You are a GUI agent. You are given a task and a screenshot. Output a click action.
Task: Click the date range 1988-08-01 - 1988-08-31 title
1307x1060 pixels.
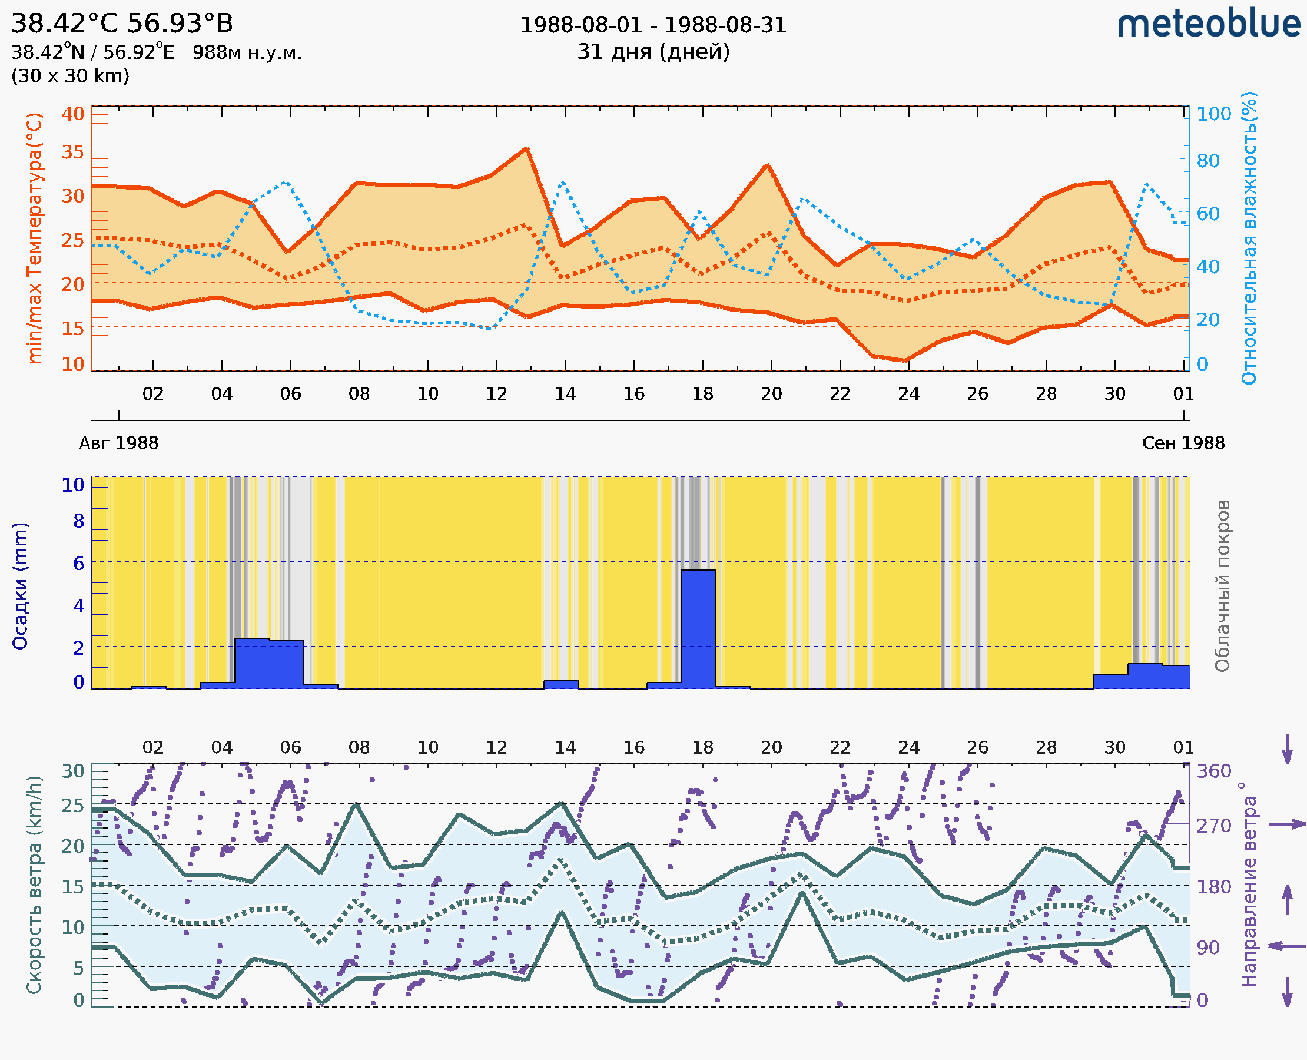point(653,25)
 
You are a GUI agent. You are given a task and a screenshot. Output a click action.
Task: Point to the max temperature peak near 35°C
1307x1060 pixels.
point(526,148)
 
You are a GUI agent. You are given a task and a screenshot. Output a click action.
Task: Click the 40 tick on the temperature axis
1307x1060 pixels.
point(72,114)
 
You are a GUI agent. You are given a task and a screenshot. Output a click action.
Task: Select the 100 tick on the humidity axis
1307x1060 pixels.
point(1213,114)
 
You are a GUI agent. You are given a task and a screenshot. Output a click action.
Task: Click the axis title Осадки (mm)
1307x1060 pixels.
point(20,586)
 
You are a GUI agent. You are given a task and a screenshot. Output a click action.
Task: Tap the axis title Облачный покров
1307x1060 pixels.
point(1222,586)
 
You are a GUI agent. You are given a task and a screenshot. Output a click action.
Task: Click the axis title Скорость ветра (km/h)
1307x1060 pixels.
point(34,885)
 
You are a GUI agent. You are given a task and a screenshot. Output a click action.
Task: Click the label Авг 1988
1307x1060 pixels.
point(118,443)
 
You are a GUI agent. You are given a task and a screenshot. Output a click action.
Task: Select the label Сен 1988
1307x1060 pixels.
point(1183,443)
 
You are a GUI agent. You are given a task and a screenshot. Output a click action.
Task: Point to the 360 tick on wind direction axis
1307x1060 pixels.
point(1213,771)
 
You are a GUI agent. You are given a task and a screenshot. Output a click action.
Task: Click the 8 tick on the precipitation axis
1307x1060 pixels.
point(79,521)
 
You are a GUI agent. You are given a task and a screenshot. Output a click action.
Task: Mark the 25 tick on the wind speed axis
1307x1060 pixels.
point(72,806)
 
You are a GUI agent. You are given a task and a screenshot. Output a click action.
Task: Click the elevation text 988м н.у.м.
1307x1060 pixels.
point(247,53)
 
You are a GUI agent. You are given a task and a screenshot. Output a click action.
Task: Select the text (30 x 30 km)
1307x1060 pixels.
point(70,77)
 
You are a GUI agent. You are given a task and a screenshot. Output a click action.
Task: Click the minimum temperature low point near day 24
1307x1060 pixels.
point(907,361)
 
